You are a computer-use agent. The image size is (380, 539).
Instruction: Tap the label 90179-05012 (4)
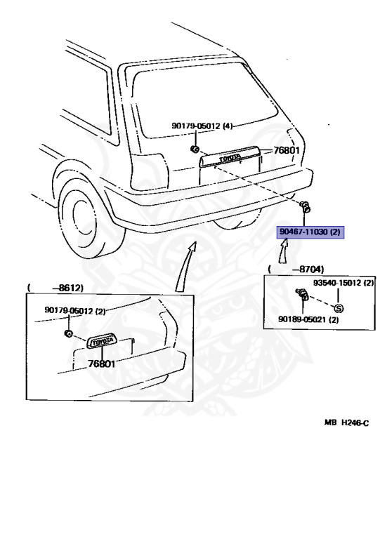pyautogui.click(x=202, y=127)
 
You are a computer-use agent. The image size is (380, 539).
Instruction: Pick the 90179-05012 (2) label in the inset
pyautogui.click(x=75, y=310)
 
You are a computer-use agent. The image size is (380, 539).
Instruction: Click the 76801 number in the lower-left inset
pyautogui.click(x=102, y=364)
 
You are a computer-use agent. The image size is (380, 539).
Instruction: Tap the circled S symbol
pyautogui.click(x=338, y=308)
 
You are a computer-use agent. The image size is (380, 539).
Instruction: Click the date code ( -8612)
pyautogui.click(x=55, y=288)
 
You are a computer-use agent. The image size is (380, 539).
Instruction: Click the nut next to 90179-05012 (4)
pyautogui.click(x=195, y=149)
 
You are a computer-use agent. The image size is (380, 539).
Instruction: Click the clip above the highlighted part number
pyautogui.click(x=305, y=206)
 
